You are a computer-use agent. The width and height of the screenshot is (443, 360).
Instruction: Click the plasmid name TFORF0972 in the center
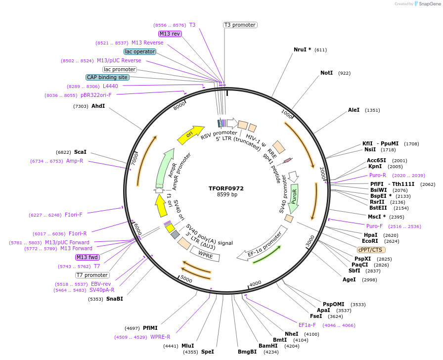[x=226, y=188]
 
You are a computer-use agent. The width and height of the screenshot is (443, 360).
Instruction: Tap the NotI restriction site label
[x=326, y=73]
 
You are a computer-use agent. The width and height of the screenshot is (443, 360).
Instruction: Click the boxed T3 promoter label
[x=240, y=25]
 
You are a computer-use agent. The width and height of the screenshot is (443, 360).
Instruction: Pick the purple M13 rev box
[x=170, y=34]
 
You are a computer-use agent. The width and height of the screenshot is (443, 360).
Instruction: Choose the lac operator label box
[x=140, y=51]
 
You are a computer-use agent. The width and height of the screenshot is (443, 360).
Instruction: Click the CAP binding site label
[x=107, y=77]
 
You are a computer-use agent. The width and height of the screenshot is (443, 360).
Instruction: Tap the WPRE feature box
[x=205, y=255]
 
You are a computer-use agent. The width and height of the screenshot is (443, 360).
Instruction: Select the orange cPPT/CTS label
[x=371, y=250]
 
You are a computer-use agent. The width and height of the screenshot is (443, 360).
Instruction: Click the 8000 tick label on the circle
[x=179, y=104]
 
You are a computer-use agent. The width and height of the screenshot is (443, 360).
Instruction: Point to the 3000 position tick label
[x=310, y=240]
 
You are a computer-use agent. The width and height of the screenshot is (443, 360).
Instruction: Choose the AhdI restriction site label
[x=98, y=106]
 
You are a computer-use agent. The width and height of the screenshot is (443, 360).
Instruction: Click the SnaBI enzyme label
[x=114, y=299]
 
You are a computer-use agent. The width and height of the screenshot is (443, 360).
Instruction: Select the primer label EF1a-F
[x=307, y=325]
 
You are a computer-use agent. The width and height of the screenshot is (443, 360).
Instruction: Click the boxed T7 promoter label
[x=92, y=275]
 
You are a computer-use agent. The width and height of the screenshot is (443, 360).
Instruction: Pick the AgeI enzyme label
[x=349, y=279]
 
